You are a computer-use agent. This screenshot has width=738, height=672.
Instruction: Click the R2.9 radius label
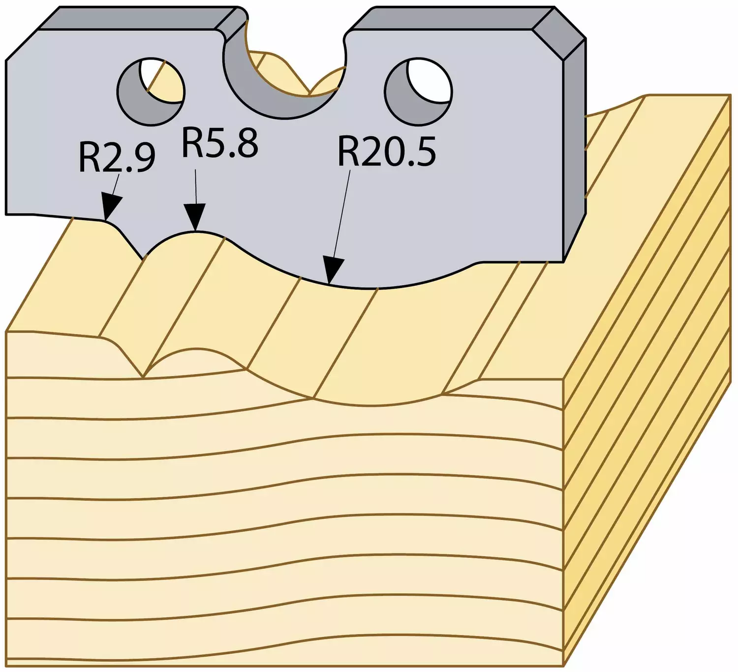pyautogui.click(x=117, y=158)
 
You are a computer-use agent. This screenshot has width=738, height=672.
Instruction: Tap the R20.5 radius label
pyautogui.click(x=387, y=151)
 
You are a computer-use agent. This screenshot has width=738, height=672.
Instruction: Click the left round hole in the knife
pyautogui.click(x=151, y=92)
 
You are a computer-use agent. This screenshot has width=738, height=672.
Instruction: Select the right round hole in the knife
pyautogui.click(x=418, y=91)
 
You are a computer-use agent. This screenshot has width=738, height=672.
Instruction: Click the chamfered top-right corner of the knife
pyautogui.click(x=559, y=33)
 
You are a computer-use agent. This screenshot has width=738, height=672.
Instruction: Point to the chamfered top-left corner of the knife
pyautogui.click(x=22, y=45)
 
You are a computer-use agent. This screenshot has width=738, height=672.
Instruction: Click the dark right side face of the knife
pyautogui.click(x=574, y=147)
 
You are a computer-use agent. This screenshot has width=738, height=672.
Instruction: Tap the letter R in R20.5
pyautogui.click(x=348, y=151)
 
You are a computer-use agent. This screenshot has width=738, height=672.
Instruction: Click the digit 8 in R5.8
pyautogui.click(x=247, y=143)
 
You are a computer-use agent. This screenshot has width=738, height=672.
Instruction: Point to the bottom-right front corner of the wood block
pyautogui.click(x=564, y=666)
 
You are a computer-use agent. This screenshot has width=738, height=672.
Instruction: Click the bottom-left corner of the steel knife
pyautogui.click(x=6, y=214)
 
